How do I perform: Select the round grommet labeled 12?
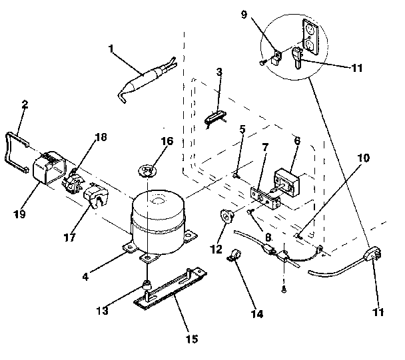[228, 216]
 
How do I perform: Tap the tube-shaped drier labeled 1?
[143, 85]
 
